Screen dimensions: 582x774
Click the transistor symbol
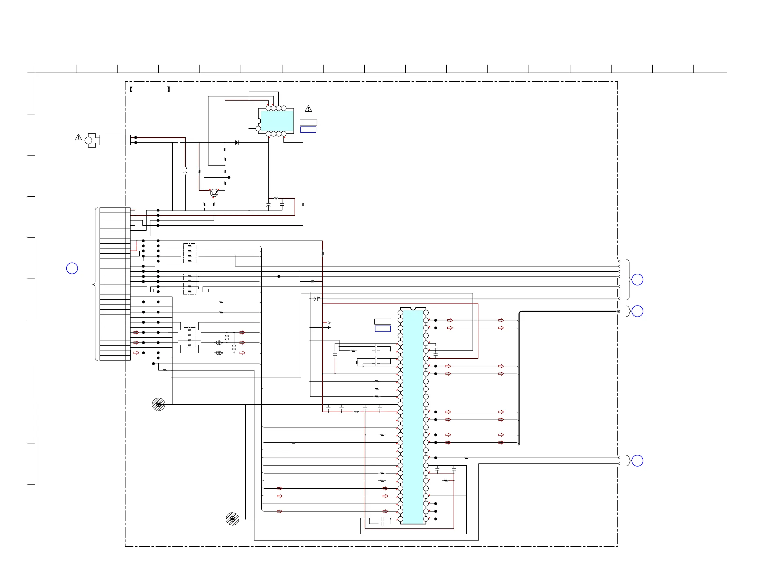214,193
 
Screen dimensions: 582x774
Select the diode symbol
237,143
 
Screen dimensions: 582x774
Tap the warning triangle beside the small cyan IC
308,109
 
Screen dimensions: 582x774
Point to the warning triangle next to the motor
78,137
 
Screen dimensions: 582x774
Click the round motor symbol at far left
88,140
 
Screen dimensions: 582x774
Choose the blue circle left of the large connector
72,268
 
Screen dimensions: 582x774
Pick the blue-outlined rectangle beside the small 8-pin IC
308,130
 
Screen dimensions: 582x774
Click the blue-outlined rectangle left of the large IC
383,329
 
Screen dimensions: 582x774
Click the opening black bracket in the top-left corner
131,90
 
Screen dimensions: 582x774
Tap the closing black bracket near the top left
169,90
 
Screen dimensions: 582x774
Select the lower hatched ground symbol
232,519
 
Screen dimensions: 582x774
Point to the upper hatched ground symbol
159,404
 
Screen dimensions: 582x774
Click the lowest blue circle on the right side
637,461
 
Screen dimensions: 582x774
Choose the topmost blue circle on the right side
637,280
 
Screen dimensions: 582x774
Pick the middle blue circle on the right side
637,311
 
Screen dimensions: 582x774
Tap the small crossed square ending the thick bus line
619,311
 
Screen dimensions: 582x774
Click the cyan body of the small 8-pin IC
277,121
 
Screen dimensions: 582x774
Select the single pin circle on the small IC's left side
258,129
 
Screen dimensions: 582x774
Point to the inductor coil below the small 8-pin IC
276,198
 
